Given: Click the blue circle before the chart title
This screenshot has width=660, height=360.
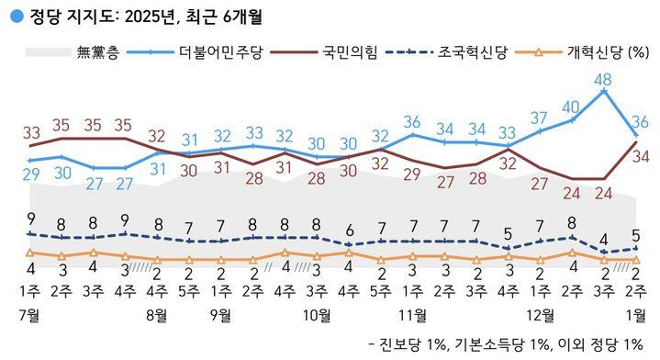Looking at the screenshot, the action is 17,17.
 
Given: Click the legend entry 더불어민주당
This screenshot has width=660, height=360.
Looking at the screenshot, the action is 221,52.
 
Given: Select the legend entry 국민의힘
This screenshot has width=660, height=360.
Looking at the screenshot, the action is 350,52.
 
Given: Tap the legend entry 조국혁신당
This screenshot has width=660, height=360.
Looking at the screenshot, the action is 472,52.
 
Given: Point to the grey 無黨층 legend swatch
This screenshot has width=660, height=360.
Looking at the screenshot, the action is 48,52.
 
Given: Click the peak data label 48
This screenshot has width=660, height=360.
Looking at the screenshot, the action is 603,80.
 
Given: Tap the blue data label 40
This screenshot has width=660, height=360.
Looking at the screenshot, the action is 571,107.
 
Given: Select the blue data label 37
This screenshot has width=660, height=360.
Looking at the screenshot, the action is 539,118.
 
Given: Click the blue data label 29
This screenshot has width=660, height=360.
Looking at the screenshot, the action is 30,174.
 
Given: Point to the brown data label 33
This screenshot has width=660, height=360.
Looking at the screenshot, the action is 31,133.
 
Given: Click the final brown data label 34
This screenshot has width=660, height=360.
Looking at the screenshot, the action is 641,157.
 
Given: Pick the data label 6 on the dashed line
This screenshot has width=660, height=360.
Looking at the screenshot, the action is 349,231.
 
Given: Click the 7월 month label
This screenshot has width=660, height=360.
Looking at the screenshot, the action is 29,314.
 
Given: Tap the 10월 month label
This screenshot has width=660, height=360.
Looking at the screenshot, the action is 317,314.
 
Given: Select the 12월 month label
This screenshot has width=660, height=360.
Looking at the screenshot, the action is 540,314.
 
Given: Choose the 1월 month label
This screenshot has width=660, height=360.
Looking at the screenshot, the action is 635,314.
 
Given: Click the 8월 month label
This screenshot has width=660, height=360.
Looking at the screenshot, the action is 157,314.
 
